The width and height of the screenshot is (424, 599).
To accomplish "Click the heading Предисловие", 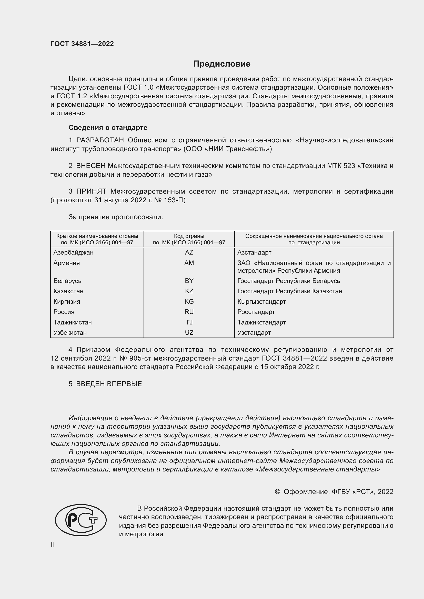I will point(222,64).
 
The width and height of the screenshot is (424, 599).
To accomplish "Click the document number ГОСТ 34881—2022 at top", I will point(82,44).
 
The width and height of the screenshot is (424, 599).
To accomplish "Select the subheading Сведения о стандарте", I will point(108,128).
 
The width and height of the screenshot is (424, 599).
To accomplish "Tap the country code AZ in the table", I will point(189,253).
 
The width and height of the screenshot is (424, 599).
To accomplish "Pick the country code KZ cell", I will point(189,291).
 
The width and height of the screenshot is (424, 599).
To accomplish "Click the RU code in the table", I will point(189,312).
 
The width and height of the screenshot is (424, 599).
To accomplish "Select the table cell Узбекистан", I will point(70,333).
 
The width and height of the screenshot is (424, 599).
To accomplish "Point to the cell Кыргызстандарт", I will point(262,302).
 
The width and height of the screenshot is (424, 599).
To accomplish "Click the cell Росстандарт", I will point(256,312).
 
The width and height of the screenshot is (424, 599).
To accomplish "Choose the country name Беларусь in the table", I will point(67,281).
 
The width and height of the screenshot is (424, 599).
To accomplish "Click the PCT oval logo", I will point(81,520).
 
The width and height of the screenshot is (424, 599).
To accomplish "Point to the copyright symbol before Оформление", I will point(277,492).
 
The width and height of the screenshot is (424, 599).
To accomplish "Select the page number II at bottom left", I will point(52,545).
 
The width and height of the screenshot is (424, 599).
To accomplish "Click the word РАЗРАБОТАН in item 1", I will point(100,140).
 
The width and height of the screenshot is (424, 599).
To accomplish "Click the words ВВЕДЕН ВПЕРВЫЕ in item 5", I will point(109,384).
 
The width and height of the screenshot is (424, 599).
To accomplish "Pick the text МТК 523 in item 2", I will point(341,166).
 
